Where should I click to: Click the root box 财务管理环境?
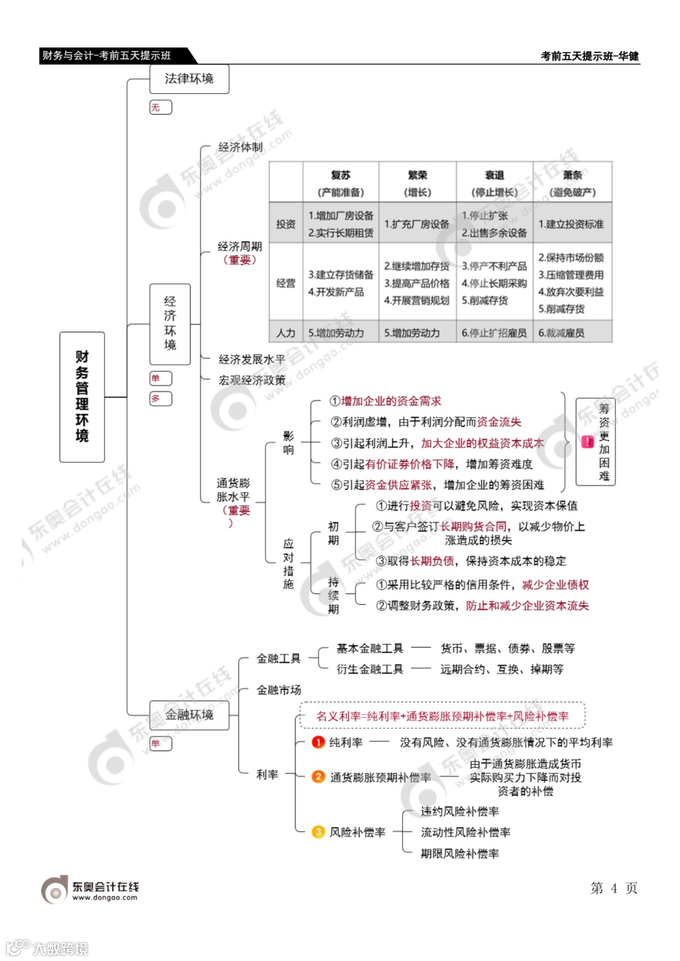coord(82,396)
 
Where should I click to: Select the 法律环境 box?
coord(189,79)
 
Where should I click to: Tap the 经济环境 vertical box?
coord(170,323)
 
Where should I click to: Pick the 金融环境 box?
coord(189,715)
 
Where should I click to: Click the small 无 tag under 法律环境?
coord(160,108)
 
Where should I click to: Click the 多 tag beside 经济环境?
coord(160,398)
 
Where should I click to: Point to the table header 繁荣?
coord(417,176)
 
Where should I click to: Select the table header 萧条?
coord(572,176)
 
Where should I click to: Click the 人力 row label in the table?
coord(286,333)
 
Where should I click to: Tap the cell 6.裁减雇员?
coord(562,333)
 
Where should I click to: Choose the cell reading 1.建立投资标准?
coord(571,224)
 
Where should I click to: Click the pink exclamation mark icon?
coord(587,442)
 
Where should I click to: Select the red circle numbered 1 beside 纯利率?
coord(319,742)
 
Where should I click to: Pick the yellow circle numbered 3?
coord(319,832)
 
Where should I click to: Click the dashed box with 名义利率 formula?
coord(443,716)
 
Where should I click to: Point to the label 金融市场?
coord(279,690)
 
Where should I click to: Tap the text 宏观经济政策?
coord(252,380)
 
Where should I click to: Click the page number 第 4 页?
coord(614,888)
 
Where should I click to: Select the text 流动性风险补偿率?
coord(465,833)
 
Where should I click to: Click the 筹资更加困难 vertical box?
coord(604,442)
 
